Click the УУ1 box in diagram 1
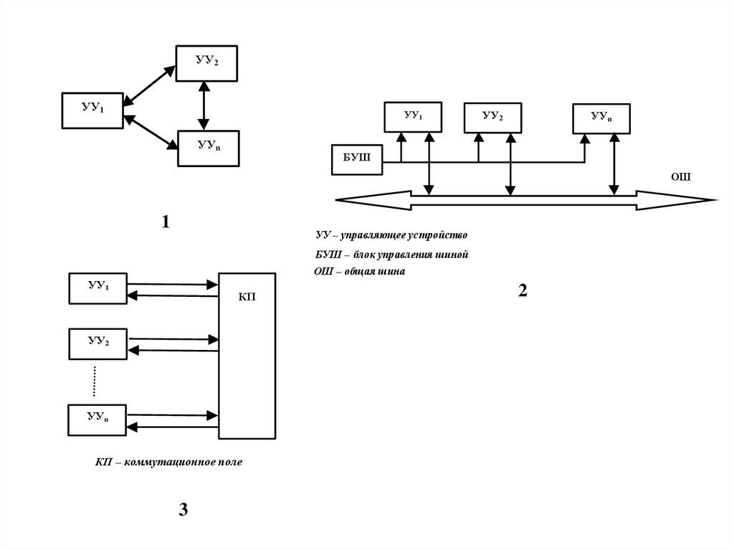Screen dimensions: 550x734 tap(92, 110)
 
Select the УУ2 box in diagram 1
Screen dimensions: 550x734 tap(208, 62)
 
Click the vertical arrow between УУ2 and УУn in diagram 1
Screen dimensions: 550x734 tap(205, 106)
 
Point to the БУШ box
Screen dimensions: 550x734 tap(356, 159)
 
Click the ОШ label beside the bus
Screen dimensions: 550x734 tap(680, 176)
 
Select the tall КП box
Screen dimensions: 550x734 tap(247, 356)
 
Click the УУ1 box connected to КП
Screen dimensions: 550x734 tap(97, 288)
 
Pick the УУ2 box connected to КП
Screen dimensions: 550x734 tap(97, 343)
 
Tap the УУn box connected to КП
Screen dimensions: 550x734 tap(97, 419)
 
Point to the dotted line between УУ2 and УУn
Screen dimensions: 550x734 tap(94, 381)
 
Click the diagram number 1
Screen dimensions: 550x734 tap(166, 223)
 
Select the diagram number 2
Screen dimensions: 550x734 tap(522, 290)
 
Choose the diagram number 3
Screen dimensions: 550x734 tap(183, 510)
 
